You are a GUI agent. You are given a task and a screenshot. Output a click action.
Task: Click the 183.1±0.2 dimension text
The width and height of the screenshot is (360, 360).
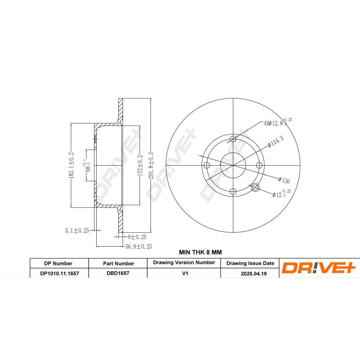point(71,165)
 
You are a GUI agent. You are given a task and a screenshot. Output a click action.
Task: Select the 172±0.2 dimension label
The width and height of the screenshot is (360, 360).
point(140,165)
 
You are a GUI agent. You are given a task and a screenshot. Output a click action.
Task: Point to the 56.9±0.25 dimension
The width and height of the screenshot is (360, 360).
point(138,247)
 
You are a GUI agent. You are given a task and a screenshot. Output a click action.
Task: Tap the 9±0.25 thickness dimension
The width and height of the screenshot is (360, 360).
point(137,236)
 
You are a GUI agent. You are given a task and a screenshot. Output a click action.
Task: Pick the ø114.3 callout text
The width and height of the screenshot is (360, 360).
point(275,141)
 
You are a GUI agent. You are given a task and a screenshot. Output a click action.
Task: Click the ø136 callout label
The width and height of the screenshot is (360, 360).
point(283,180)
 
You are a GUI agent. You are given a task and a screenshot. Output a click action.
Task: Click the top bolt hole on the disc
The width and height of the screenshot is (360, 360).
point(233,139)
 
